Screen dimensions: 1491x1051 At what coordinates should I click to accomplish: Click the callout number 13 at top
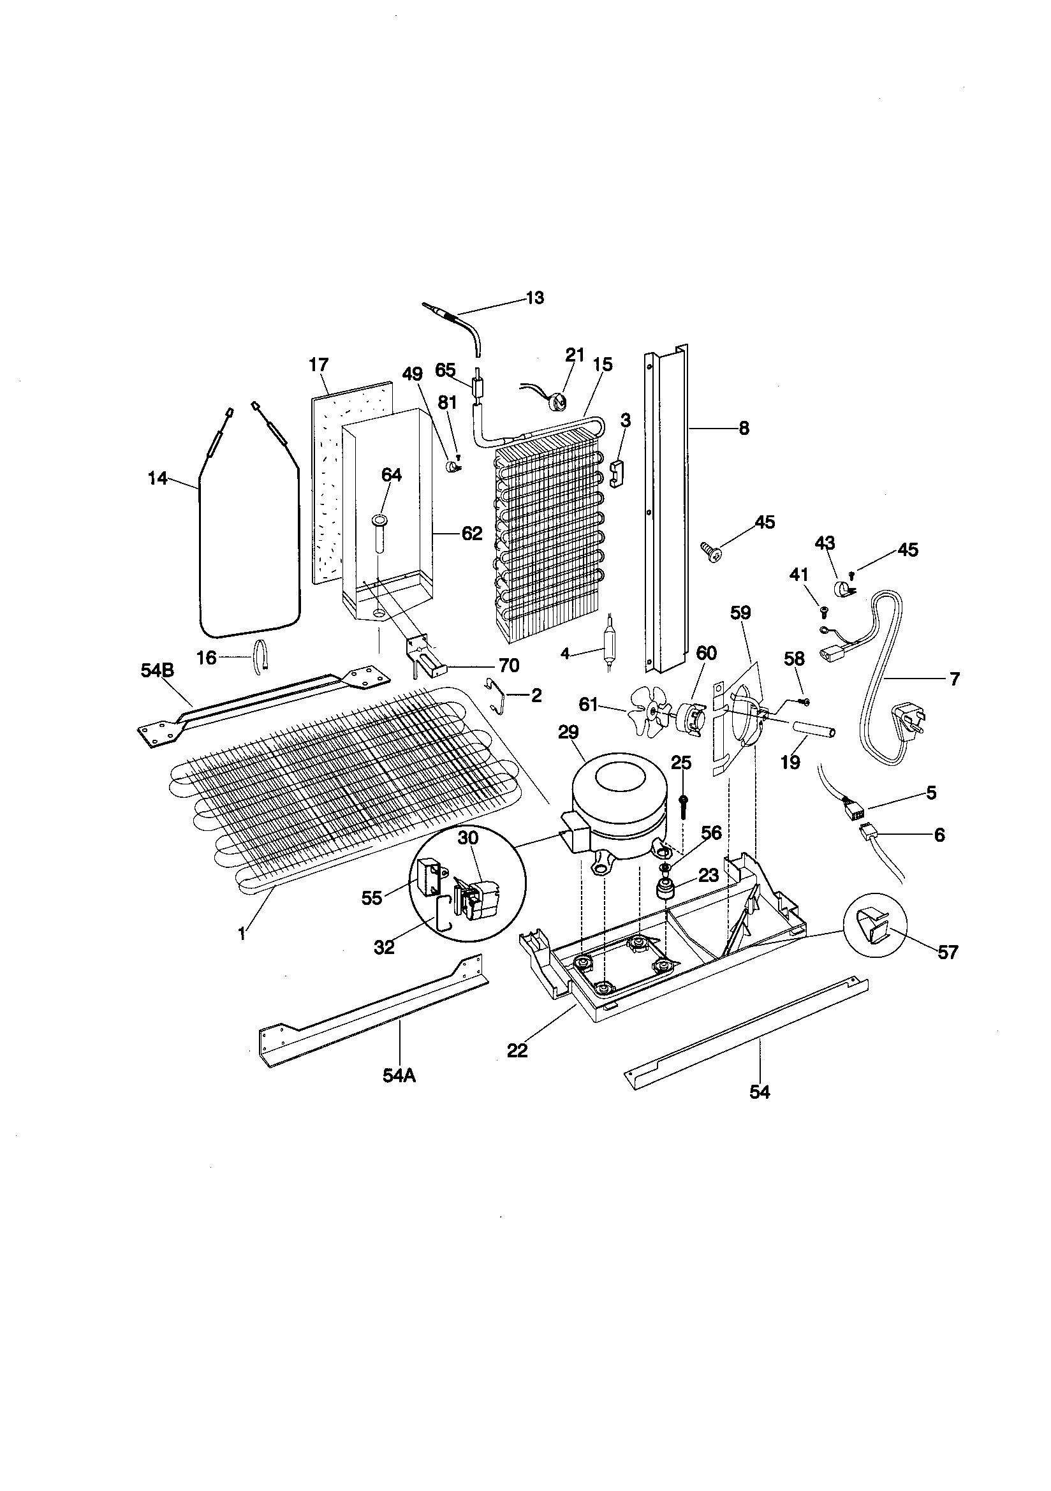click(x=534, y=298)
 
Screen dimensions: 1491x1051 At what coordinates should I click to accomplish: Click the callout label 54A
click(x=399, y=1076)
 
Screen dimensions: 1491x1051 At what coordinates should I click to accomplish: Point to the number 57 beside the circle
click(x=948, y=952)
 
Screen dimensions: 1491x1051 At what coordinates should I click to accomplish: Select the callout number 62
click(x=471, y=533)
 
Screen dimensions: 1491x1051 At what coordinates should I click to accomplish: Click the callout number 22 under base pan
click(x=517, y=1050)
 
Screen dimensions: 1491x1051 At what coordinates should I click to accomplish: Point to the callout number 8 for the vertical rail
click(x=744, y=428)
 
